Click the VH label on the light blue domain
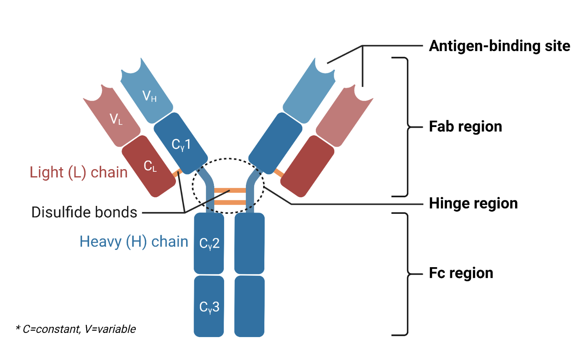pyautogui.click(x=149, y=96)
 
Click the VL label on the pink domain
pyautogui.click(x=116, y=119)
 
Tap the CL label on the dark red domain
pyautogui.click(x=150, y=166)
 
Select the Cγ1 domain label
pyautogui.click(x=181, y=144)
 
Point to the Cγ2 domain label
pyautogui.click(x=209, y=244)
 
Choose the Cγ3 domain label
pyautogui.click(x=209, y=307)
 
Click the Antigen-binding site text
pyautogui.click(x=499, y=46)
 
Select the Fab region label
pyautogui.click(x=465, y=127)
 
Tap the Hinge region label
pyautogui.click(x=473, y=203)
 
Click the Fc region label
pyautogui.click(x=461, y=273)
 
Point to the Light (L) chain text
pyautogui.click(x=79, y=172)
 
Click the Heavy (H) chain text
pyautogui.click(x=133, y=242)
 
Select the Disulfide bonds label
pyautogui.click(x=84, y=212)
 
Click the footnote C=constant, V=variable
pyautogui.click(x=76, y=329)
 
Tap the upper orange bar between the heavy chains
pyautogui.click(x=230, y=191)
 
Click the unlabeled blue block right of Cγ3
pyautogui.click(x=249, y=306)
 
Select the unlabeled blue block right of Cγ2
pyautogui.click(x=249, y=244)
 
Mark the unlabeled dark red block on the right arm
pyautogui.click(x=307, y=166)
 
